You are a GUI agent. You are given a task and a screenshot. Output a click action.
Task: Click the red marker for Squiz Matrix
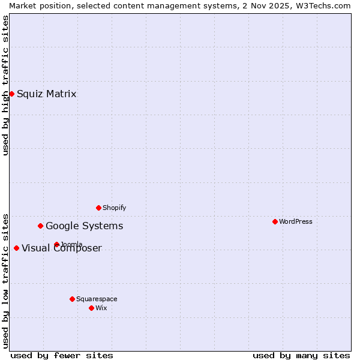click(11, 94)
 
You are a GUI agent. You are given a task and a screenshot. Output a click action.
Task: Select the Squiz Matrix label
click(46, 94)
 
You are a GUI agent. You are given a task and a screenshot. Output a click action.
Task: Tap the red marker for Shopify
click(98, 208)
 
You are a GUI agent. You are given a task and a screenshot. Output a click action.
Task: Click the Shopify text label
click(114, 208)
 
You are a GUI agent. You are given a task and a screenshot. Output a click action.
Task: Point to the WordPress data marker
click(275, 221)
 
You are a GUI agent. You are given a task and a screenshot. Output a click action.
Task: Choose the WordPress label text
click(295, 221)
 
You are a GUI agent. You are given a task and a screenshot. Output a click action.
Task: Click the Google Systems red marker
click(40, 226)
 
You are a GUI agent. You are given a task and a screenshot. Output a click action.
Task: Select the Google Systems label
click(84, 226)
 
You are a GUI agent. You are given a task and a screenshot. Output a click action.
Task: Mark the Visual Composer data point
click(16, 248)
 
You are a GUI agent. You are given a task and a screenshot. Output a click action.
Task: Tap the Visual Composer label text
click(62, 248)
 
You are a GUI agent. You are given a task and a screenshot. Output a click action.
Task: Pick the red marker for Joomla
click(56, 244)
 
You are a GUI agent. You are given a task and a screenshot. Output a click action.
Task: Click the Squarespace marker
click(72, 299)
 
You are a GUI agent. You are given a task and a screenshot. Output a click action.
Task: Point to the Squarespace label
click(97, 299)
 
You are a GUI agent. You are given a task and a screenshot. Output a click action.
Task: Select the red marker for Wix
click(91, 308)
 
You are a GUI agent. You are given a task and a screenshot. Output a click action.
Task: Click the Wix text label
click(101, 308)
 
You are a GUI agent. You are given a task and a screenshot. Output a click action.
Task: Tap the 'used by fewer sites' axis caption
click(62, 355)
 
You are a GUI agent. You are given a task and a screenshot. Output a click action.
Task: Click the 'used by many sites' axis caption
click(301, 355)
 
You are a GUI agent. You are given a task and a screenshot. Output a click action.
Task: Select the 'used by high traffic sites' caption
click(5, 85)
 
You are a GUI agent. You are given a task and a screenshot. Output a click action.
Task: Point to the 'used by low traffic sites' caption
click(5, 281)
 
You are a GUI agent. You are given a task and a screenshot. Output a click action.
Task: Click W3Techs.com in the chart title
click(322, 5)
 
